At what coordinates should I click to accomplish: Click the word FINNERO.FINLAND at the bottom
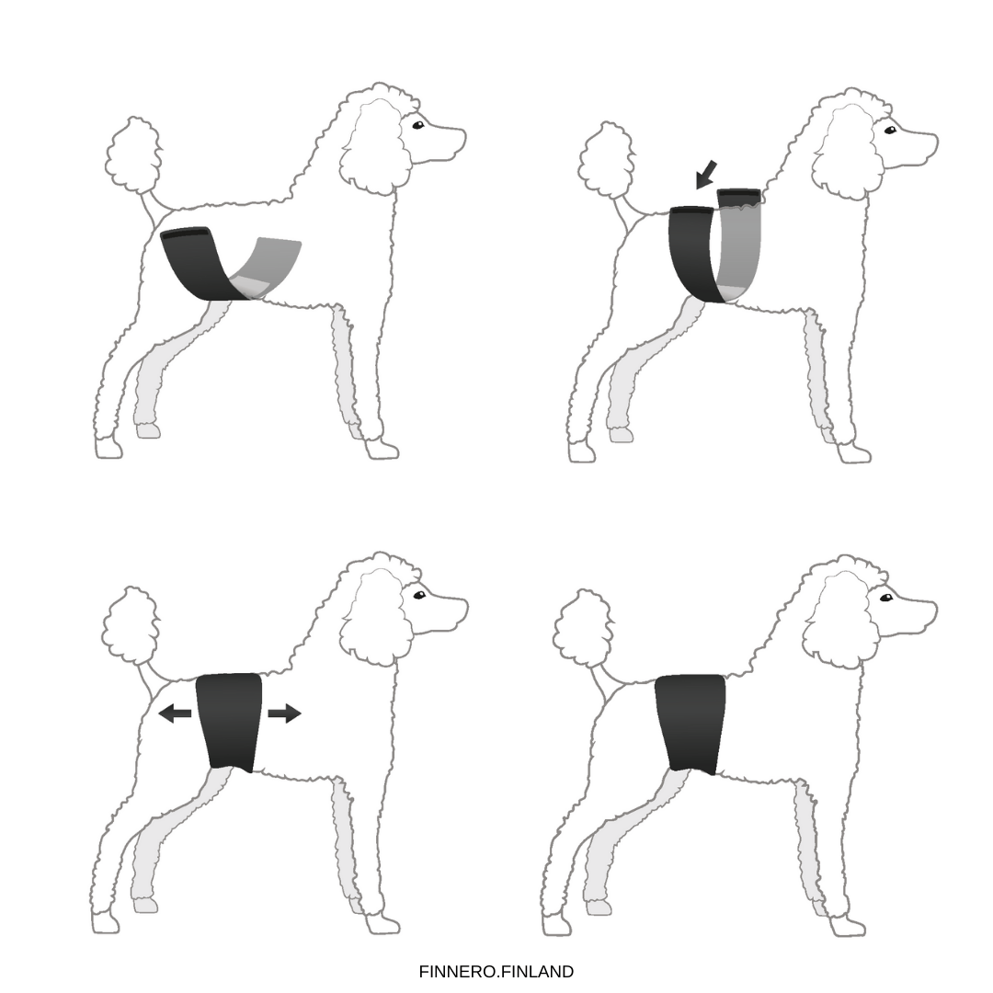tap(496, 972)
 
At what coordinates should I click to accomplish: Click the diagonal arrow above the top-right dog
tap(705, 174)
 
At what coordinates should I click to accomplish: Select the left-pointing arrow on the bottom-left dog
tap(175, 713)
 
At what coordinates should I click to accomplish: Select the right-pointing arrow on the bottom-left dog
tap(284, 713)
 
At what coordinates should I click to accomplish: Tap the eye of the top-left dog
tap(417, 125)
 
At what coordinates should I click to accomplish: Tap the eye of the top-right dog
tap(889, 130)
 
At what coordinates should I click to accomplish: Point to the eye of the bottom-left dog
tap(419, 595)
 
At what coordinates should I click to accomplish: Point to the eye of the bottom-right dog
tap(886, 598)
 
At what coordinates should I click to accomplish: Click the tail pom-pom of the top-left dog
tap(133, 154)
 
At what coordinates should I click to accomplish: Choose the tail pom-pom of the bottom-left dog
tap(131, 625)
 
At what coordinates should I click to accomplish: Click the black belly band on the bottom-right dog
tap(690, 723)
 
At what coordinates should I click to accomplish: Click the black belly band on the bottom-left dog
tap(229, 721)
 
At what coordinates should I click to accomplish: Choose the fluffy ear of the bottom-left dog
tap(377, 618)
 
